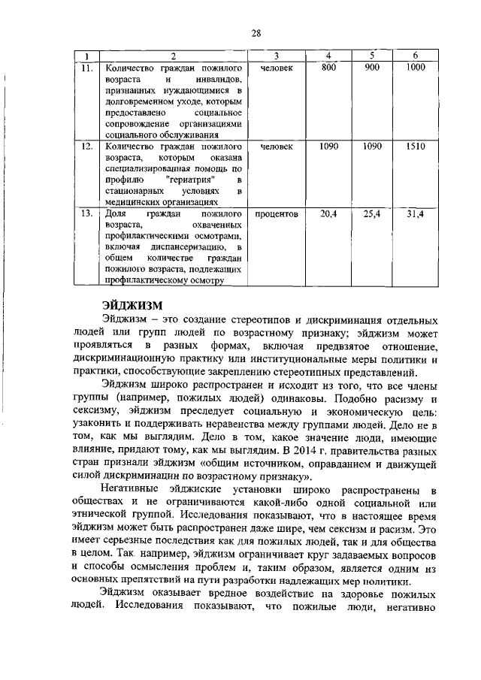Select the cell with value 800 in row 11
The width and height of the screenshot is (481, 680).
(328, 68)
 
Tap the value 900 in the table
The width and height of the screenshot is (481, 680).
(371, 68)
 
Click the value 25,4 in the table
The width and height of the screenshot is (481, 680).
(371, 214)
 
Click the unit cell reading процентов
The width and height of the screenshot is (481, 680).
(276, 214)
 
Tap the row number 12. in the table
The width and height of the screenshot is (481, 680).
(87, 147)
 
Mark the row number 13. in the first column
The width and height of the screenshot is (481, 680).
(87, 214)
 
